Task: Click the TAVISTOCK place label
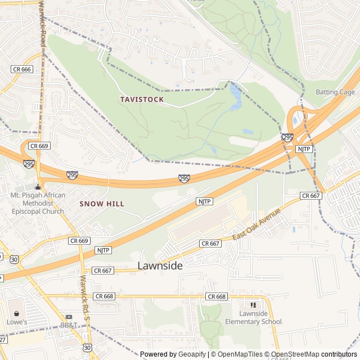tap(142, 100)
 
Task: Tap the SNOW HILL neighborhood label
tap(102, 204)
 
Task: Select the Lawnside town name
tap(160, 266)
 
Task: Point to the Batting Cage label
tap(335, 92)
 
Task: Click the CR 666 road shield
tap(22, 69)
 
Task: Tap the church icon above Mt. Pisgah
tap(38, 187)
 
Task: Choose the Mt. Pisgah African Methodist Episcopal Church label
tap(38, 203)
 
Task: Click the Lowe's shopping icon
tap(16, 313)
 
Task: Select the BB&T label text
tap(69, 325)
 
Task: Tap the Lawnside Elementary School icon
tap(253, 305)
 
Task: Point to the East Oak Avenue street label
tap(256, 224)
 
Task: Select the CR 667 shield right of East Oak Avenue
tap(310, 196)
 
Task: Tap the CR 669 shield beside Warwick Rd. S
tap(79, 240)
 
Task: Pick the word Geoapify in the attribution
tap(192, 354)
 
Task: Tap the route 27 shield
tap(3, 340)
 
